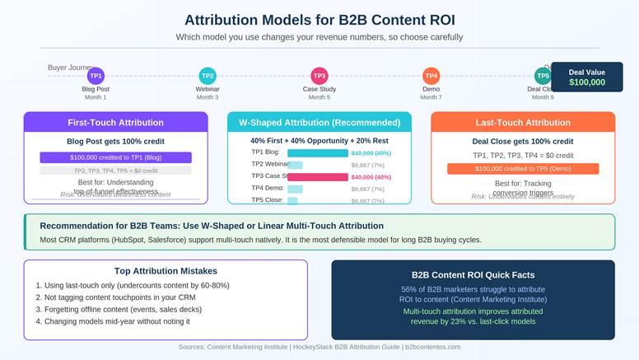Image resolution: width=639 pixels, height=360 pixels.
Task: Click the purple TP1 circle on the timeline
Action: click(96, 76)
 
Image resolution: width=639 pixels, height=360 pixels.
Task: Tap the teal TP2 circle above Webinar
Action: click(208, 76)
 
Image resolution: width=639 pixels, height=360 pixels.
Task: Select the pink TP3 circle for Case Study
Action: click(319, 76)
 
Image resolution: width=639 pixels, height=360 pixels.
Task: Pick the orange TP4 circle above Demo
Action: click(431, 76)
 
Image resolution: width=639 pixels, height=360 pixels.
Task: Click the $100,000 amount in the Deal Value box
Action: click(587, 82)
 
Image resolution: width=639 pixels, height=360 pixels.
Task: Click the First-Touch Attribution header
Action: click(115, 123)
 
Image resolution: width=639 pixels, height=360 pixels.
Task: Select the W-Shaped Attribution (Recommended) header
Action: click(319, 123)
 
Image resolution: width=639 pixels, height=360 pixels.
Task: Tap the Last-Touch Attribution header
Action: click(523, 123)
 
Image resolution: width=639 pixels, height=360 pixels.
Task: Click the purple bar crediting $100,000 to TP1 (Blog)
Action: click(115, 157)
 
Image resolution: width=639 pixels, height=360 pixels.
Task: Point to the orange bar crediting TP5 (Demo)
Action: click(523, 169)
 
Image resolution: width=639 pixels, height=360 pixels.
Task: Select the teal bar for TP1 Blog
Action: click(318, 152)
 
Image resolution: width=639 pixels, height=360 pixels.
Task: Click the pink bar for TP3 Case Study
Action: click(318, 176)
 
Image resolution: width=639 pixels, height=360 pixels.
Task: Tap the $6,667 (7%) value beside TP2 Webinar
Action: click(367, 165)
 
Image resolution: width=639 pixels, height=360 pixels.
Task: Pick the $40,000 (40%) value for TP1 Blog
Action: click(371, 152)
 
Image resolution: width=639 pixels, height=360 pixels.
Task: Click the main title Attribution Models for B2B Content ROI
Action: click(319, 20)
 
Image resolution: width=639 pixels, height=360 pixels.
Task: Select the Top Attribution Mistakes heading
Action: click(166, 271)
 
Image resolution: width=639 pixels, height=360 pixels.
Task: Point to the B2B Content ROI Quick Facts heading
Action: click(473, 274)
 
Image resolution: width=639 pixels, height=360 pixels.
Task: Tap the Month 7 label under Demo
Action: click(431, 97)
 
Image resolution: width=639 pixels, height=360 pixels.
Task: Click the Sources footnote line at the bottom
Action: click(319, 347)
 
